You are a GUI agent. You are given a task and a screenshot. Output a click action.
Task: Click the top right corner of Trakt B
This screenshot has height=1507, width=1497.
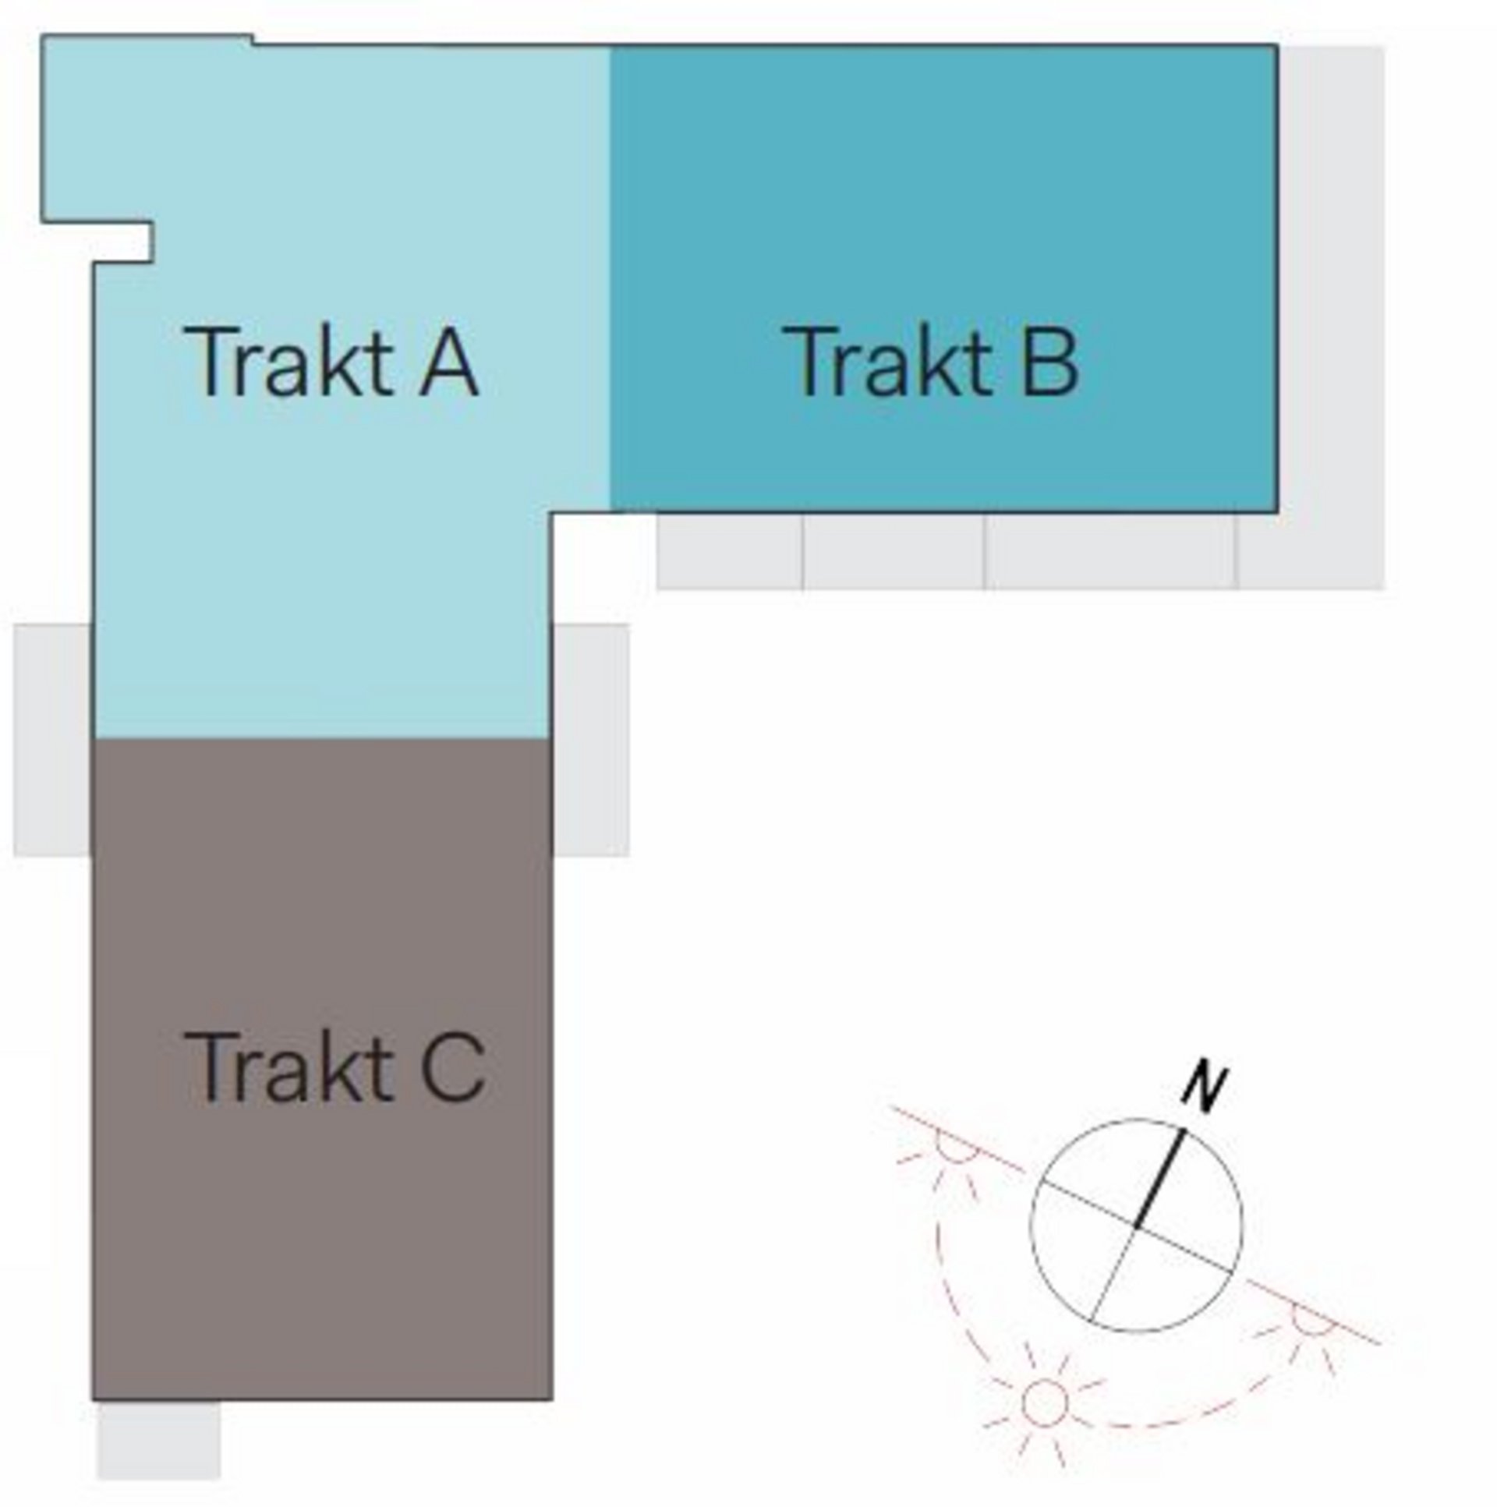1276,45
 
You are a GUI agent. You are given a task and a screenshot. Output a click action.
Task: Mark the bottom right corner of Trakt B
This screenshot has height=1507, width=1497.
1276,511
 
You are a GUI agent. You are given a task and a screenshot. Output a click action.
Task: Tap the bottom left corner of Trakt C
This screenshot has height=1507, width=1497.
93,1400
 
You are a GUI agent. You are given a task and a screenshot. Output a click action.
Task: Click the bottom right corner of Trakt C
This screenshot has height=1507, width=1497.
552,1400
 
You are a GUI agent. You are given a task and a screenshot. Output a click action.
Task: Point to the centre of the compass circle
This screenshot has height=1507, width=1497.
1136,1226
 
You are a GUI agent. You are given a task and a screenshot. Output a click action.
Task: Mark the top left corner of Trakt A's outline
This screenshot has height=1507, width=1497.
42,36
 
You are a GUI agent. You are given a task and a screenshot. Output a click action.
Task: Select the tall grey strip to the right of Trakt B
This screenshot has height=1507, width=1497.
1331,317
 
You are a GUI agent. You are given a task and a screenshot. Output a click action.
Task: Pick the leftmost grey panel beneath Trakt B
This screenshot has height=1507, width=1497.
729,550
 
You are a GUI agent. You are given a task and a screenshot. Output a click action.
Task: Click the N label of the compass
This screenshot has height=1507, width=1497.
1204,1086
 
